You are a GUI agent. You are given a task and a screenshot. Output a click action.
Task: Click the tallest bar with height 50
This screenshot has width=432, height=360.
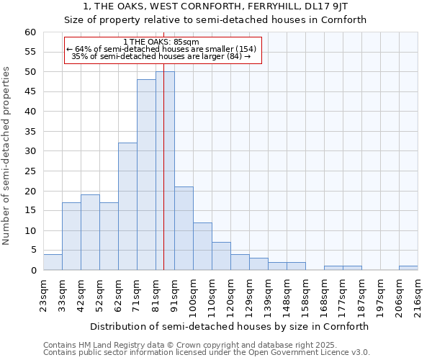165,171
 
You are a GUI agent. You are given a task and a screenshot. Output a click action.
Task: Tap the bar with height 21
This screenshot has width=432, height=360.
184,228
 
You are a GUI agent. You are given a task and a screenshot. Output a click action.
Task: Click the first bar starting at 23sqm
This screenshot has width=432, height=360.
53,262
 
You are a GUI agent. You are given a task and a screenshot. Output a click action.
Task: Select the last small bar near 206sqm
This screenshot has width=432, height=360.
408,268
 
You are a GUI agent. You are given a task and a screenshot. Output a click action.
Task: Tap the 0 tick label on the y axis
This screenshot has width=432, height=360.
33,271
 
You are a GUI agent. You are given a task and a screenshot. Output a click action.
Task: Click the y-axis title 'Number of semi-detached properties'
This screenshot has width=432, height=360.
7,156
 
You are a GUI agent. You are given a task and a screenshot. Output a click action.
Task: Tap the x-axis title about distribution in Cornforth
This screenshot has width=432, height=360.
230,326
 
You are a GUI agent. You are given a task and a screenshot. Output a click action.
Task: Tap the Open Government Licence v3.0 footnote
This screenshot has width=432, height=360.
207,353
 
